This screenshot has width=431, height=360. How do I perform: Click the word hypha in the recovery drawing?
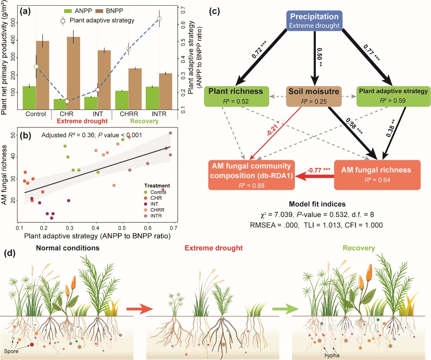333,349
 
